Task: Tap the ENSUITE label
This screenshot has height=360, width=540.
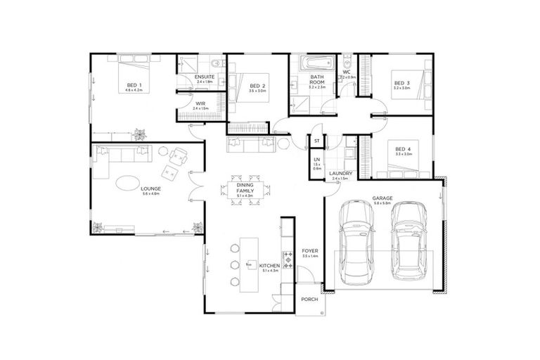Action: pyautogui.click(x=205, y=77)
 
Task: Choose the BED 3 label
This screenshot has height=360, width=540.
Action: pyautogui.click(x=401, y=84)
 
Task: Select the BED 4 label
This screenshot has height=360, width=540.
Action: pyautogui.click(x=401, y=148)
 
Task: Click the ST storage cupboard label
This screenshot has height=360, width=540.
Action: pyautogui.click(x=317, y=141)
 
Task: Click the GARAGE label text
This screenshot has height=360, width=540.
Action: pyautogui.click(x=382, y=199)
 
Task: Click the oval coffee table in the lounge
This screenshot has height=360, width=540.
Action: pyautogui.click(x=127, y=182)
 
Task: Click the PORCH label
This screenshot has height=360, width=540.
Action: pyautogui.click(x=309, y=299)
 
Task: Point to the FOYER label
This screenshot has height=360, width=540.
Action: pyautogui.click(x=309, y=251)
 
